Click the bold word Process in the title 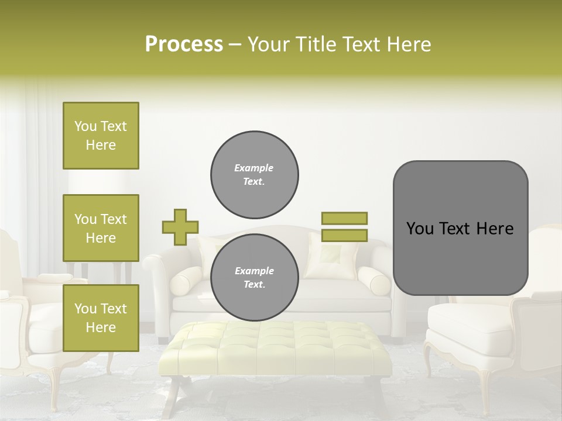click(184, 44)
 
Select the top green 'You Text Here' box click(101, 136)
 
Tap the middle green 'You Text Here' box click(101, 228)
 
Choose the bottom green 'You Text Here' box click(101, 318)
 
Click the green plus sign click(180, 227)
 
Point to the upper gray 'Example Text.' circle click(255, 174)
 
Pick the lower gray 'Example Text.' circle click(255, 277)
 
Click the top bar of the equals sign click(344, 218)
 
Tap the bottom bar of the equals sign click(344, 235)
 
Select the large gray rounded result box click(460, 228)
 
